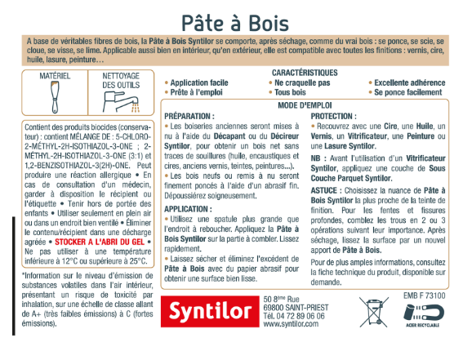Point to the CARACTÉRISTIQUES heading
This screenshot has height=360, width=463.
tap(305, 73)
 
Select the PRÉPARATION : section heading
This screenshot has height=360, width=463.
tap(189, 117)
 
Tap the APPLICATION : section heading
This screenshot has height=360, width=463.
tap(189, 209)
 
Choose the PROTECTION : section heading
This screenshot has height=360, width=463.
tap(336, 117)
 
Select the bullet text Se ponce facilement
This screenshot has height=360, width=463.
tap(409, 93)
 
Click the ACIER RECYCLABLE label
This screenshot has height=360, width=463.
tap(425, 334)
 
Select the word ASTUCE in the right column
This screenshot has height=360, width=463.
tap(328, 188)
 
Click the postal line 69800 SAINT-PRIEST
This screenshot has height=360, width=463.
tap(296, 305)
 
